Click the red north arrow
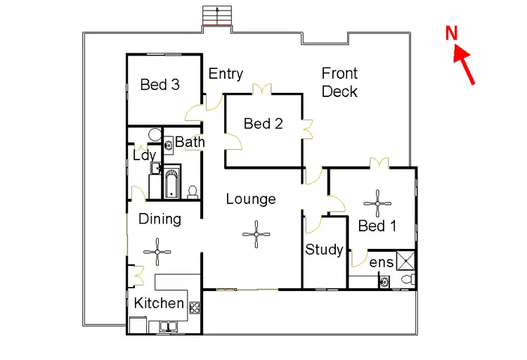tap(466, 66)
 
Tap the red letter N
tap(452, 32)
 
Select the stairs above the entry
tap(217, 15)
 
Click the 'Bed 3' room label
tap(160, 85)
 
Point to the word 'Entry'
tap(226, 74)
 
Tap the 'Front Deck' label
tap(340, 82)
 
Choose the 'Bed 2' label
tap(263, 124)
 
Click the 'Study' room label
tap(324, 250)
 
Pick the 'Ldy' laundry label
tap(144, 155)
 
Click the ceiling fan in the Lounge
tap(256, 233)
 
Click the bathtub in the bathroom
tap(171, 181)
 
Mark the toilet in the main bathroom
tap(192, 190)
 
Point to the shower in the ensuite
tap(405, 262)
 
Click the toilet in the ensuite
tap(406, 281)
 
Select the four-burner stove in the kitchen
tap(195, 307)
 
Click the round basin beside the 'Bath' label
tap(169, 146)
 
